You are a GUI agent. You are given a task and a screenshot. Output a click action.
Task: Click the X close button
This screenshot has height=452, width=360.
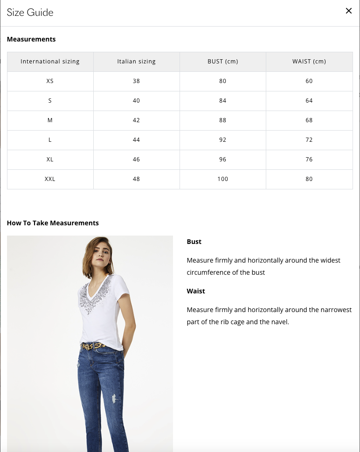point(348,11)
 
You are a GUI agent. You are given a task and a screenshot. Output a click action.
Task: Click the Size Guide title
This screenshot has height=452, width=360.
point(30,13)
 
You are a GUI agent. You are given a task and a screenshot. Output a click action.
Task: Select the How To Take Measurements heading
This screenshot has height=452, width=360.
point(53,223)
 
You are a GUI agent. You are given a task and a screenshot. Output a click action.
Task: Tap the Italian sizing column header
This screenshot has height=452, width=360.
point(136,62)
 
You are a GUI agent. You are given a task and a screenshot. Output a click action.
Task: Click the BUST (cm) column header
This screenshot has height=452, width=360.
point(222,62)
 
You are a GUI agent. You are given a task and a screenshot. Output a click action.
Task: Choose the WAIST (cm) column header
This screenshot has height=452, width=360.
point(309,62)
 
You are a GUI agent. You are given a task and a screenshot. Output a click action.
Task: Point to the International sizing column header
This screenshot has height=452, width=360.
point(50,62)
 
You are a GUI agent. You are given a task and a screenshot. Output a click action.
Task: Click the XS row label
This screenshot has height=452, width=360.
point(50,81)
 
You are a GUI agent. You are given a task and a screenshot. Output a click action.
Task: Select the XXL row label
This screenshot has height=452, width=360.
point(50,179)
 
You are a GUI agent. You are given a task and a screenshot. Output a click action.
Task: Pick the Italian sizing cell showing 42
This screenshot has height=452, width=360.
point(136,120)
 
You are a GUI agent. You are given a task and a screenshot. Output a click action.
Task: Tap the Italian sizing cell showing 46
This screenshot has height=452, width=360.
point(136,160)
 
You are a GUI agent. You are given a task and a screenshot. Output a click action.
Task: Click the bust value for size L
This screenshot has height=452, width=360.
point(222,140)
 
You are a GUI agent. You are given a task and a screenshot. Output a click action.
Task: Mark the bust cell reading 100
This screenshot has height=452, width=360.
point(222,179)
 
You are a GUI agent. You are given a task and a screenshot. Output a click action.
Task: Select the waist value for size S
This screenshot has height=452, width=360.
point(309,101)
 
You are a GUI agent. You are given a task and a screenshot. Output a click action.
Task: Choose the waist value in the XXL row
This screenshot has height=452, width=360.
point(309,179)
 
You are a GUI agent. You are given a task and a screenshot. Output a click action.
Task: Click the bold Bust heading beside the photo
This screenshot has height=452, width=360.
point(194,242)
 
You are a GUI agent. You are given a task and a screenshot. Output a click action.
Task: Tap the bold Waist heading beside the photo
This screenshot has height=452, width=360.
point(196,291)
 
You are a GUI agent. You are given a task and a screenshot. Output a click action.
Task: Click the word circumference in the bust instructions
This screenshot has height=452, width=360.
point(208,272)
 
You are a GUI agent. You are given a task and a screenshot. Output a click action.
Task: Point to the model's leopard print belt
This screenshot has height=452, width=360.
point(94,346)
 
